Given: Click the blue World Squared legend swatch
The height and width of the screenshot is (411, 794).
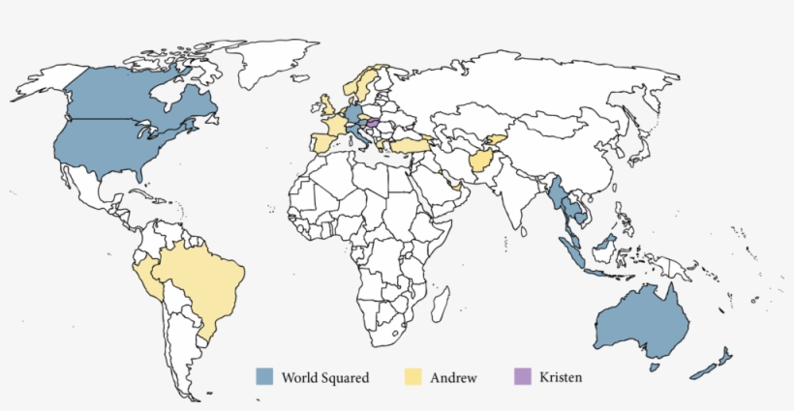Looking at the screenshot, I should coord(264,376).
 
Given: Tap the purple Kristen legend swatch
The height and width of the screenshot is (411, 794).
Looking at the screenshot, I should coord(523,376).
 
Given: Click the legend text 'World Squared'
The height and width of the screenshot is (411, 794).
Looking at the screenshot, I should coord(324,377).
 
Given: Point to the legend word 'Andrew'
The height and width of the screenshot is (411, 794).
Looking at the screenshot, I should coord(453,377).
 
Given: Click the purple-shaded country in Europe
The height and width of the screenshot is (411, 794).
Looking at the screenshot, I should coord(373,123).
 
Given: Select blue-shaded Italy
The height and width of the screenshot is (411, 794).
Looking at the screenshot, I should coord(359,134).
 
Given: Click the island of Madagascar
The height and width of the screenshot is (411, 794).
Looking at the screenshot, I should coord(442,306).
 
